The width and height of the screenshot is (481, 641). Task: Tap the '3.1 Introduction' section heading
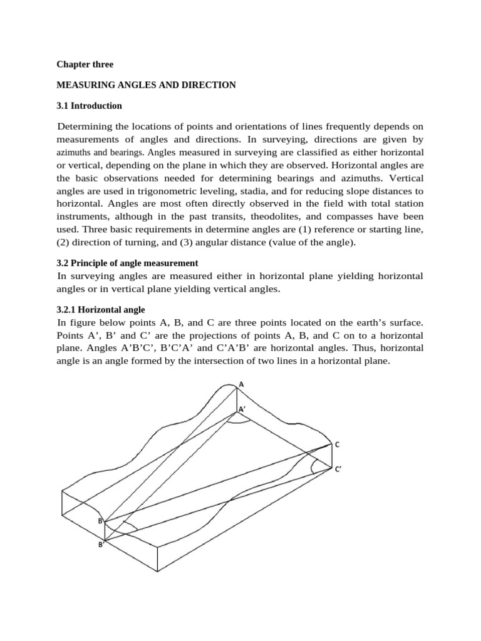coord(90,106)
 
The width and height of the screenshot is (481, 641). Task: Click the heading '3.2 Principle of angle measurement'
coord(128,263)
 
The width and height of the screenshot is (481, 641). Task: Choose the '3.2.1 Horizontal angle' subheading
coord(101,309)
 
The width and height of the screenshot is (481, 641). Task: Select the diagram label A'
coord(243,409)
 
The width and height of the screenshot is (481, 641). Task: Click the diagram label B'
coord(100,545)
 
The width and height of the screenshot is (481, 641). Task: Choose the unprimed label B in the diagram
coord(99,520)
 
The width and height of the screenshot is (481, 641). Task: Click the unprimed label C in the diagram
coord(337,444)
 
